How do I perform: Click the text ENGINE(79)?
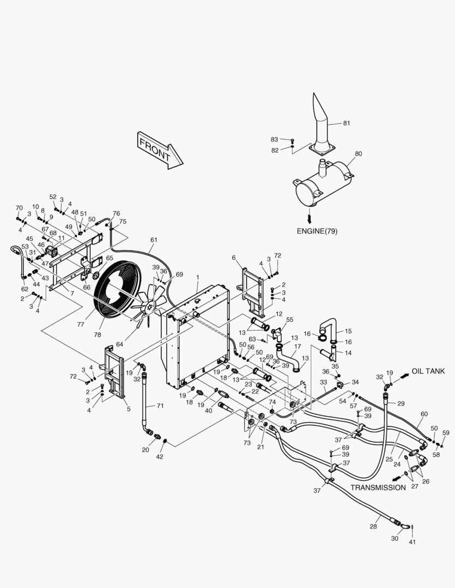[x=317, y=231]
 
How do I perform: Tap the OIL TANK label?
[x=428, y=371]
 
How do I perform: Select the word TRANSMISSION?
[x=378, y=487]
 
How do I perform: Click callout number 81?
[x=347, y=123]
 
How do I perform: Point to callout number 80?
[x=358, y=154]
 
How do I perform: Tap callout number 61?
[x=154, y=240]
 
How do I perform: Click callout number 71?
[x=160, y=406]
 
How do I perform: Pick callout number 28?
[x=373, y=526]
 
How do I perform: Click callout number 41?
[x=412, y=542]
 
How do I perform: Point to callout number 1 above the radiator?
[x=197, y=277]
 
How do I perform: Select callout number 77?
[x=81, y=324]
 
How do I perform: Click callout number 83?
[x=274, y=139]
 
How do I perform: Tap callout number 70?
[x=19, y=208]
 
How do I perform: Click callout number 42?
[x=160, y=457]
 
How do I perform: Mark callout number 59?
[x=446, y=433]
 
